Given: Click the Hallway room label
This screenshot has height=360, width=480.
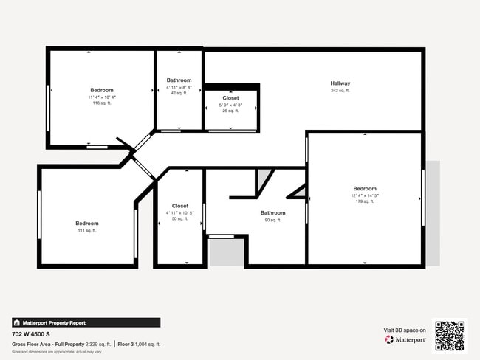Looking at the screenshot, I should point(340,83).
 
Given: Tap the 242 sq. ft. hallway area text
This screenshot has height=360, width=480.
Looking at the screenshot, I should point(340,91).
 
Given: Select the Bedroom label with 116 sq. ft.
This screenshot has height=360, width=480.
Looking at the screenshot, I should point(102,90).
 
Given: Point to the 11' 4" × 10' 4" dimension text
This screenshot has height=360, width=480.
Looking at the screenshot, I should point(102,97).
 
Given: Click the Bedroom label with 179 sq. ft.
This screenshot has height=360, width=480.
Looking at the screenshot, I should point(365,188).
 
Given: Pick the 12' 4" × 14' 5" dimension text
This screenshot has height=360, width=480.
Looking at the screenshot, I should point(365,195).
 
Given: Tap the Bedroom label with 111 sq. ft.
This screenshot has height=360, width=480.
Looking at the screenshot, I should point(86,223).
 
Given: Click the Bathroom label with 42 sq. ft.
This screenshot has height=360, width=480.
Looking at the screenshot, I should point(179,80).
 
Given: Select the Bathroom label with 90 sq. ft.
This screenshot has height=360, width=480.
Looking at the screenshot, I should point(272,213).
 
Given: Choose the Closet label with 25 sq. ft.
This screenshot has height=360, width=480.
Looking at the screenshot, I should point(230,97).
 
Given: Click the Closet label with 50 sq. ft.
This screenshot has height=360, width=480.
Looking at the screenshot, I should point(180,206).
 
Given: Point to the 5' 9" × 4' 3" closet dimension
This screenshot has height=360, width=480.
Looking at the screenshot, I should point(230,105).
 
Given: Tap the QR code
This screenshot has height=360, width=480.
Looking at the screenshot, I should point(450,336).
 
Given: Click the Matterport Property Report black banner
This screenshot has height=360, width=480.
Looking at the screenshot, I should point(86,322).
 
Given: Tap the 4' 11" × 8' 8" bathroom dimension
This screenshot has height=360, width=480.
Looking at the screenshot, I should point(179,87).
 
